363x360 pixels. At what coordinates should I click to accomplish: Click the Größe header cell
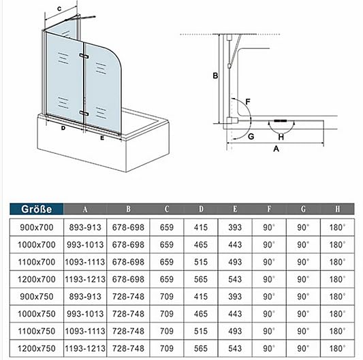pyautogui.click(x=36, y=209)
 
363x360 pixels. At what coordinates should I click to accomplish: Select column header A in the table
pyautogui.click(x=85, y=210)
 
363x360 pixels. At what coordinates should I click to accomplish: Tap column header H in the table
pyautogui.click(x=338, y=209)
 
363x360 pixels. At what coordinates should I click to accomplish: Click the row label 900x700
pyautogui.click(x=37, y=227)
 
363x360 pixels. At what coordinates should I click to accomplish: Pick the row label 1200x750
pyautogui.click(x=37, y=348)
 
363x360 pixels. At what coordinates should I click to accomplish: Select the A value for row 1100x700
pyautogui.click(x=85, y=262)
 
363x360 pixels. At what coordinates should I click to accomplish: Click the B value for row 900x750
pyautogui.click(x=128, y=297)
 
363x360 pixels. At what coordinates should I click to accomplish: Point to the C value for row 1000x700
pyautogui.click(x=167, y=245)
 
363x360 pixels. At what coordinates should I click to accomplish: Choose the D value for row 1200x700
pyautogui.click(x=201, y=280)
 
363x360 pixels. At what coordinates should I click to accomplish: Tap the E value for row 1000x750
pyautogui.click(x=235, y=314)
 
